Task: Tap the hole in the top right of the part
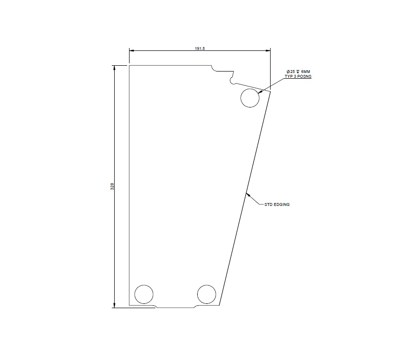pyautogui.click(x=250, y=98)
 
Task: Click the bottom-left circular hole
pyautogui.click(x=144, y=294)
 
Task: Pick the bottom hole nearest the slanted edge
pyautogui.click(x=207, y=294)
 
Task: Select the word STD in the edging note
pyautogui.click(x=268, y=204)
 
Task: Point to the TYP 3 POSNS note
pyautogui.click(x=298, y=76)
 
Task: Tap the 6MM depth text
pyautogui.click(x=305, y=72)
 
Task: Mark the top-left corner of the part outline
pyautogui.click(x=130, y=65)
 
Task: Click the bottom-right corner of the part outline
pyautogui.click(x=219, y=305)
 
